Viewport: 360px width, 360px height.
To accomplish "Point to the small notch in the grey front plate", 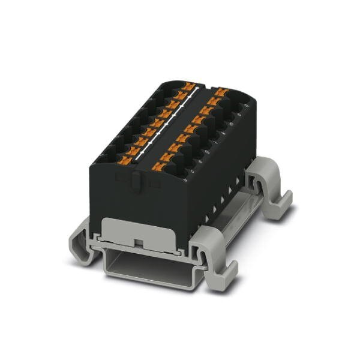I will click(139, 242).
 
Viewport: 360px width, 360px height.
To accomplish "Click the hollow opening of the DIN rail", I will click(144, 260).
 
